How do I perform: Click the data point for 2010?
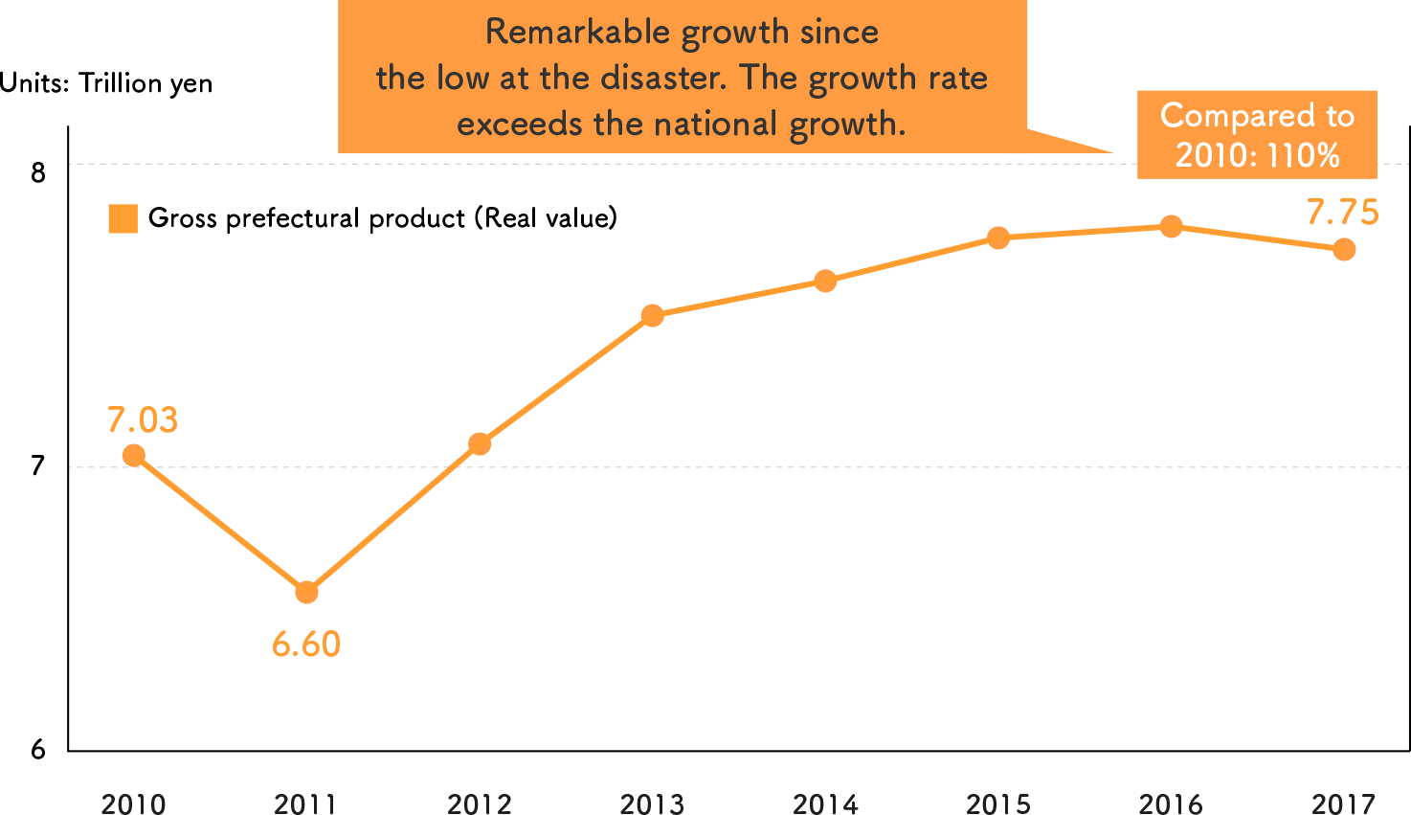134,455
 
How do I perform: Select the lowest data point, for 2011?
306,593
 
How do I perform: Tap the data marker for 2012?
480,443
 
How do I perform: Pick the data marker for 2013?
653,316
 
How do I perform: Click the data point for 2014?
825,281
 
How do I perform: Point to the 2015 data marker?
998,238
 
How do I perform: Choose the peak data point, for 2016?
1171,227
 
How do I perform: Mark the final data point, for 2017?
1344,250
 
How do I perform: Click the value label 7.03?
143,420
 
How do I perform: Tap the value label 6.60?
306,645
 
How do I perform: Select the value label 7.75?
1342,213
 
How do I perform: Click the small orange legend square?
123,219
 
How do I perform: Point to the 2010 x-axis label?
134,803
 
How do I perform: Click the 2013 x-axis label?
653,803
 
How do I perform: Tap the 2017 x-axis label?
1344,803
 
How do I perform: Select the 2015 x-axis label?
998,803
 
